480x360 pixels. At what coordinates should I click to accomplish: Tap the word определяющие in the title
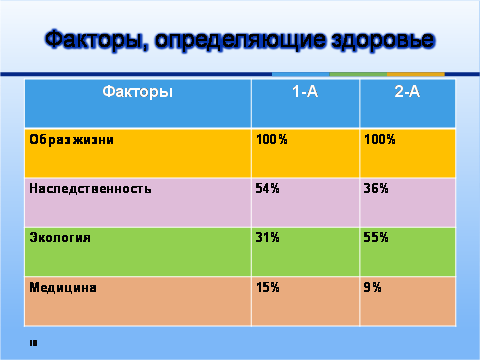point(240,41)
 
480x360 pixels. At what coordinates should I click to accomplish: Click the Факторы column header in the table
point(138,91)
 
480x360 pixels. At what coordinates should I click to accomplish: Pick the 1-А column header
point(305,91)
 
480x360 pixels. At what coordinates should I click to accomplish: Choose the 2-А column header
point(407,91)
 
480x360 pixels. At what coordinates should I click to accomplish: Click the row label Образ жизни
point(71,139)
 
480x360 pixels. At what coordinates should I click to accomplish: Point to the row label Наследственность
point(90,188)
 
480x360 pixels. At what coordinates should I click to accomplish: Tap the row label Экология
point(60,237)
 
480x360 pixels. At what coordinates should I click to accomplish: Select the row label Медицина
point(63,287)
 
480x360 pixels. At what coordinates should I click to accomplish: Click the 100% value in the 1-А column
point(272,139)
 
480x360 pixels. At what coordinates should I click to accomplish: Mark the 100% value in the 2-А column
point(380,139)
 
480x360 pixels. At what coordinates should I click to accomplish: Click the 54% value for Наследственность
point(267,188)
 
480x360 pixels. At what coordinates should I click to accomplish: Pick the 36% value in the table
point(376,188)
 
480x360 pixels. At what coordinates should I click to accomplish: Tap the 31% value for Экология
point(267,237)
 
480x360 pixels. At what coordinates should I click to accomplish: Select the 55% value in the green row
point(376,237)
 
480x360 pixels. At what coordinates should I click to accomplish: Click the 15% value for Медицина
point(268,287)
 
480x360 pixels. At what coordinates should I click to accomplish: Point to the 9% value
point(372,287)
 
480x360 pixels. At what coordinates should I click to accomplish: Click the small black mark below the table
point(33,343)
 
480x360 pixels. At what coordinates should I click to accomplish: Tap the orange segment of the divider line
point(416,74)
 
